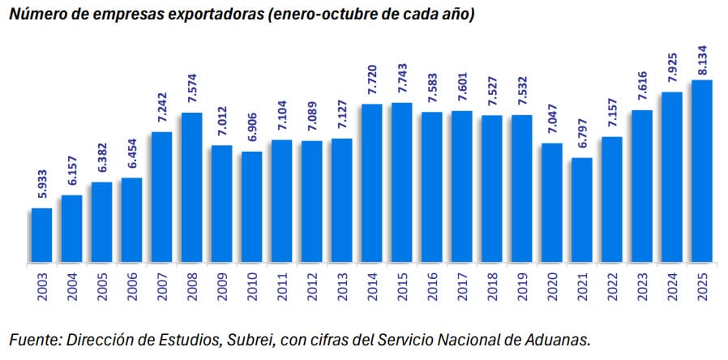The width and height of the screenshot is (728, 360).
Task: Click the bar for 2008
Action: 192,187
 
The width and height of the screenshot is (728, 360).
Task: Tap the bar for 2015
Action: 401,182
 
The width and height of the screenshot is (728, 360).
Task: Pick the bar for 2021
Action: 581,210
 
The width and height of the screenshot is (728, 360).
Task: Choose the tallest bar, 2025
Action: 701,171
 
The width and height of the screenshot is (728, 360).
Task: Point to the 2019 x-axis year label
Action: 523,287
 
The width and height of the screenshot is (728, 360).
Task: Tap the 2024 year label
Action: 671,287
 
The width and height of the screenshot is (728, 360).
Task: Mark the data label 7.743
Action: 402,80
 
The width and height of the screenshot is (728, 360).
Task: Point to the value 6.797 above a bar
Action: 582,135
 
